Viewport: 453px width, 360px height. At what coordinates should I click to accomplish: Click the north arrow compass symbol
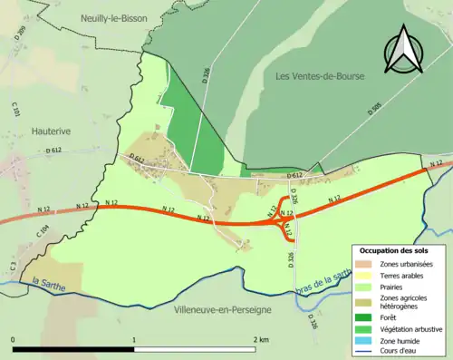click(x=403, y=50)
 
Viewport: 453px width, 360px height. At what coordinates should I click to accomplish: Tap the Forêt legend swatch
click(x=364, y=317)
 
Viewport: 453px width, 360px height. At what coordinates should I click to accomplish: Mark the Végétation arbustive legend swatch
click(x=364, y=329)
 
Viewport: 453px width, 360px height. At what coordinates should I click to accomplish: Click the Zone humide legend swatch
click(x=364, y=341)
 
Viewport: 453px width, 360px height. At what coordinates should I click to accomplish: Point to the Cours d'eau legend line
click(x=364, y=353)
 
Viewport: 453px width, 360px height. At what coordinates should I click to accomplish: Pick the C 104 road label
click(x=42, y=232)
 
